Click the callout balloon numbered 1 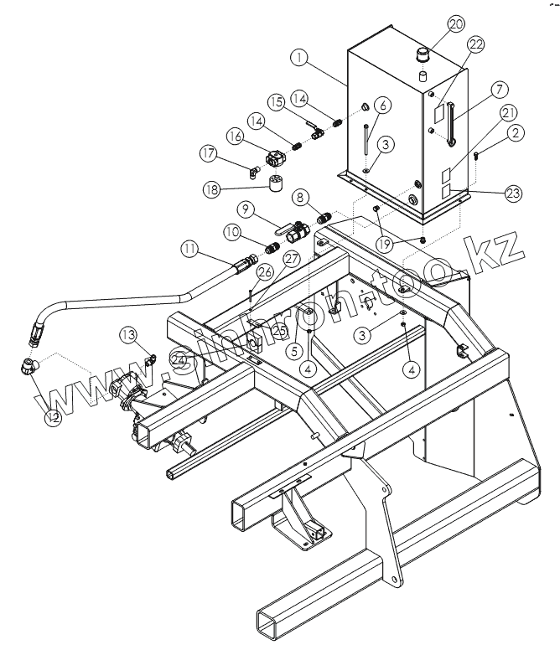[298, 57]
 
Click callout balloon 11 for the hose [189, 249]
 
